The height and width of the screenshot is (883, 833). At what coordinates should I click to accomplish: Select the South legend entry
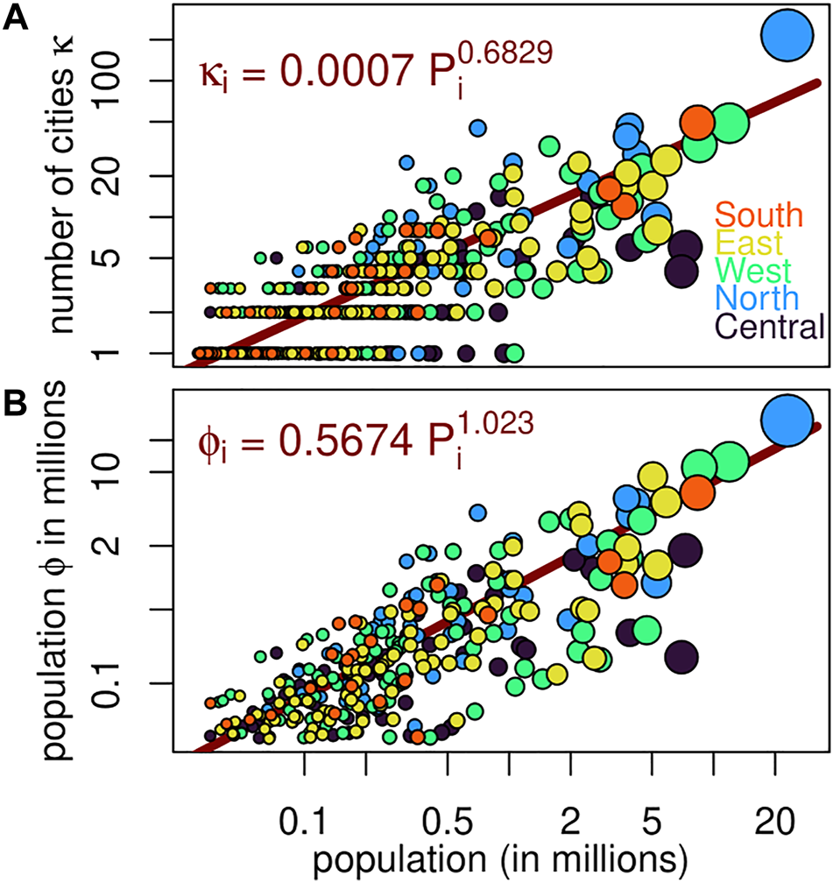tap(758, 215)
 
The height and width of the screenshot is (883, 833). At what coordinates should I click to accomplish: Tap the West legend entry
tap(752, 270)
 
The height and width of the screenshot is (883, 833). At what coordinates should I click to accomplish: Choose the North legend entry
tap(756, 298)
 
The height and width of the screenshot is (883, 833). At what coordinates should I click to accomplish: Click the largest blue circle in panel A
tap(784, 33)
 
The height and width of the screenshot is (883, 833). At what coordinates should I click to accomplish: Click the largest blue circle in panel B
tap(787, 419)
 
